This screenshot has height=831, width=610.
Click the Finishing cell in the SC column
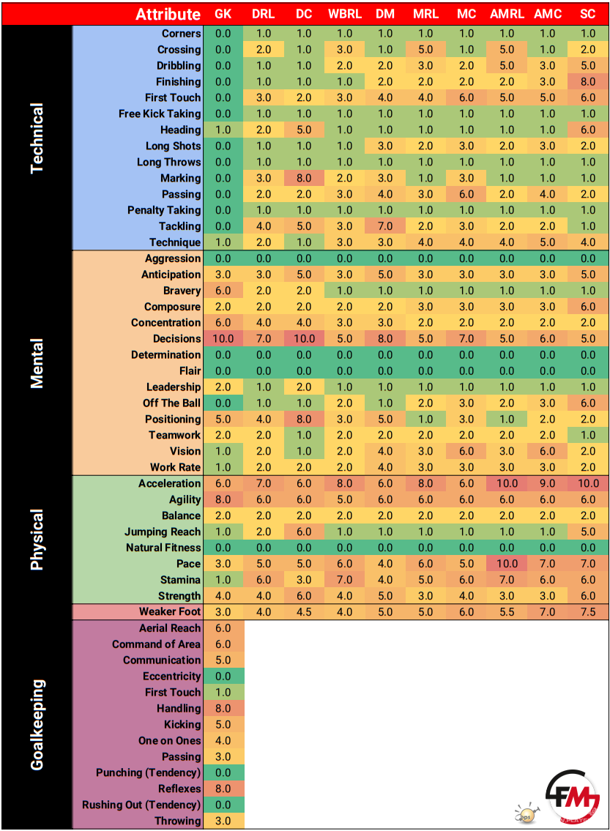pos(588,82)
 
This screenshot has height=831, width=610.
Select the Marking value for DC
pos(304,178)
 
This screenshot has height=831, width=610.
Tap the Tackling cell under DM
pos(385,226)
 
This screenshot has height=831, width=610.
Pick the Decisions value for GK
pos(223,339)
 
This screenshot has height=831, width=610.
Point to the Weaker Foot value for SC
pos(588,612)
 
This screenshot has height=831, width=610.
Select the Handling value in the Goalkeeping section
pos(223,709)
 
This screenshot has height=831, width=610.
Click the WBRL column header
pos(344,15)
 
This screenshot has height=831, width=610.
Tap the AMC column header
pos(548,15)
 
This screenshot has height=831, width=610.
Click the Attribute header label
pos(168,15)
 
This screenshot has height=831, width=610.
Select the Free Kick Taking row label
pos(160,114)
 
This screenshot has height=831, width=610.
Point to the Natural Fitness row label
pos(163,548)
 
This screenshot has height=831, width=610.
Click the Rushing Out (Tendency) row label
pos(141,805)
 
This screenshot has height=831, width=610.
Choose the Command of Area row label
pos(156,644)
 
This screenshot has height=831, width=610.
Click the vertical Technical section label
pos(37,138)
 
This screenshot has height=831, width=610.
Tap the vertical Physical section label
pos(37,540)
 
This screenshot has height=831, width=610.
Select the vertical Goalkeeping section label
pos(37,725)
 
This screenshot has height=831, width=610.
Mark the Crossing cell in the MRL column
pos(425,50)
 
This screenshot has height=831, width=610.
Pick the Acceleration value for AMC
pos(548,483)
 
